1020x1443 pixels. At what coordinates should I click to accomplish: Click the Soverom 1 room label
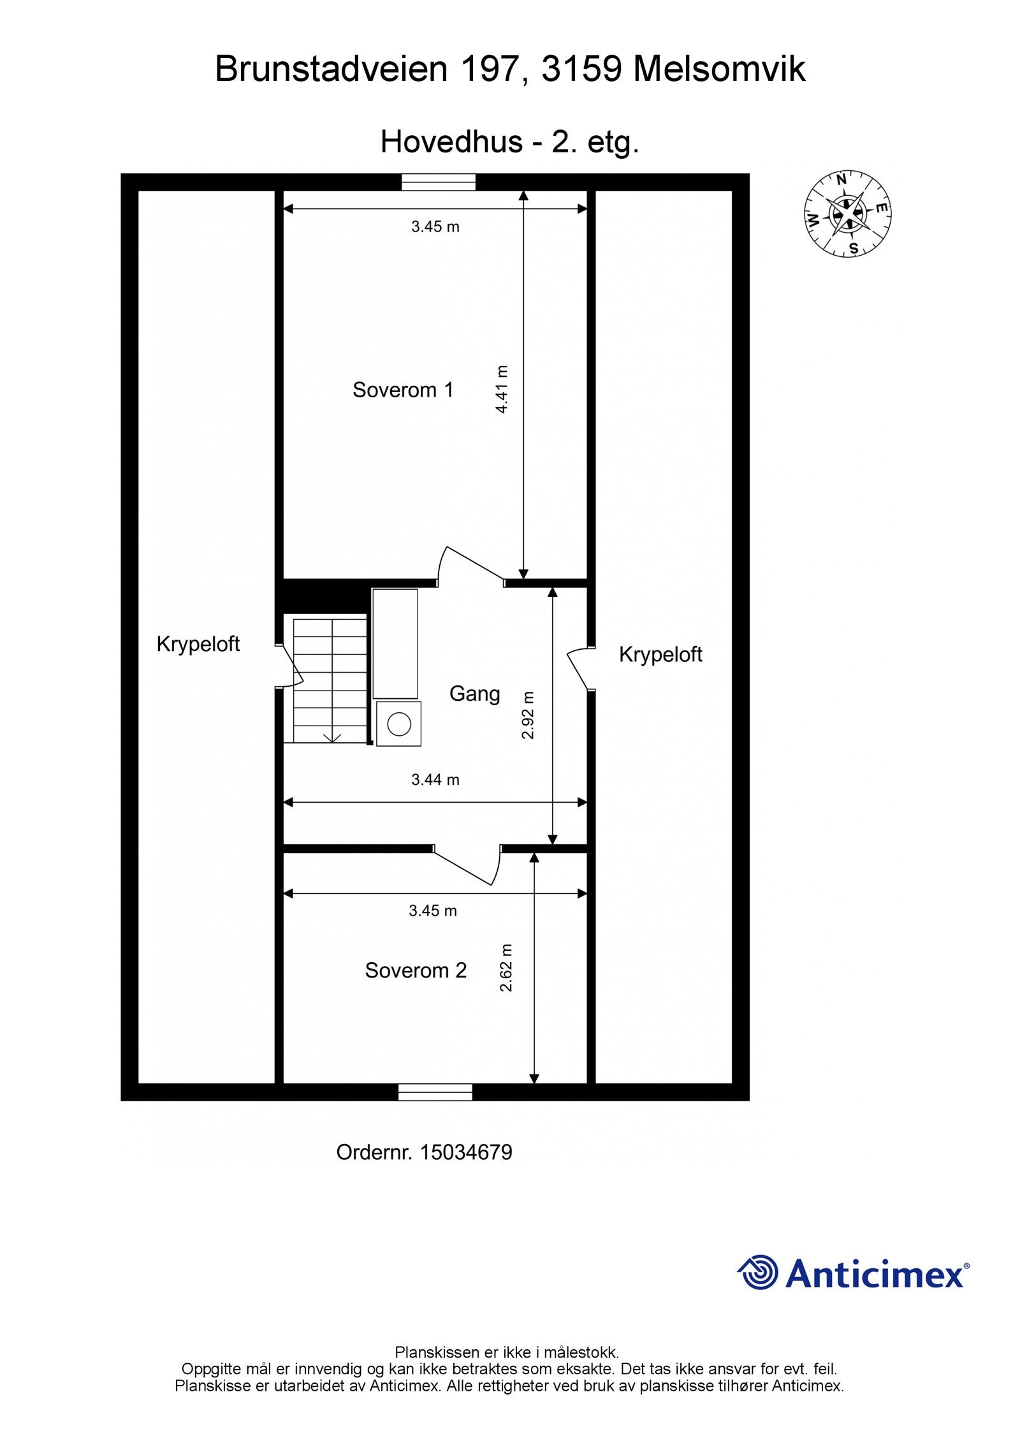(403, 390)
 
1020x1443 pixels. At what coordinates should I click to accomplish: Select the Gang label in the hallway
(474, 693)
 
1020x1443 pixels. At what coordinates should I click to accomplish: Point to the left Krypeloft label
(198, 644)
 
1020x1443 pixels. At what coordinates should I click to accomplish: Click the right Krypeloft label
(660, 654)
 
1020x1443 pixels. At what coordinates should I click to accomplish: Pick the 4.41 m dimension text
(502, 390)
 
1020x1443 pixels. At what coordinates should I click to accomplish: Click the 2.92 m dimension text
(528, 715)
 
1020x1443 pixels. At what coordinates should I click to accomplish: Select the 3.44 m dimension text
(435, 779)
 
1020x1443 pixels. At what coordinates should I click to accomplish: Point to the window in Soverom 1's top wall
(439, 182)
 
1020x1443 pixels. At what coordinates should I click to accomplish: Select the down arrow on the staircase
(332, 737)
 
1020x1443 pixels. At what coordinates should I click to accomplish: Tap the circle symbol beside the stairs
(399, 724)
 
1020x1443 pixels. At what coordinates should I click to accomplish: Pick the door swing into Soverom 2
(468, 866)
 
